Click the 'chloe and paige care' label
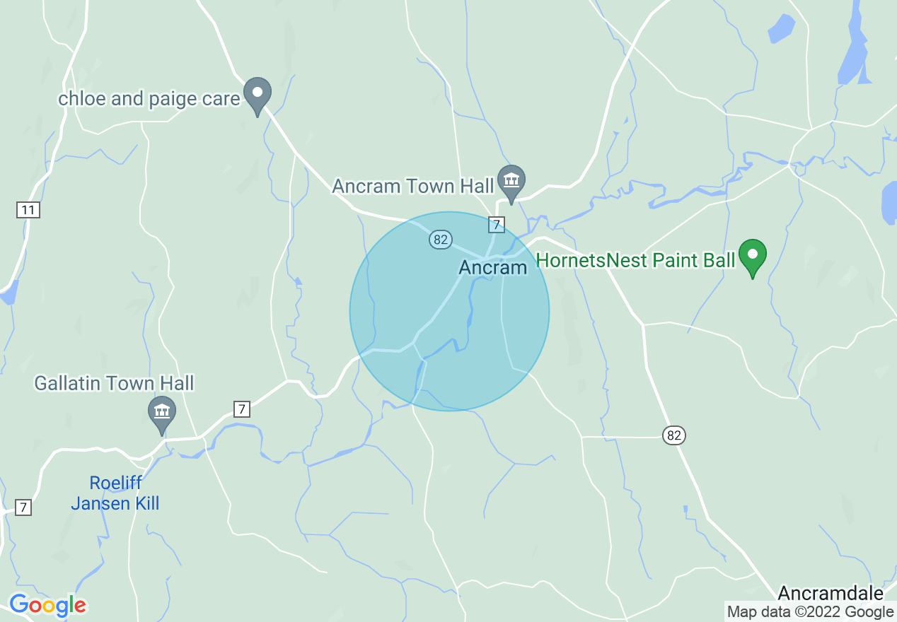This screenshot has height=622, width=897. (149, 99)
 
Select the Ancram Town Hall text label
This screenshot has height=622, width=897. (413, 187)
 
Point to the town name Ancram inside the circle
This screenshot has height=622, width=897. (493, 268)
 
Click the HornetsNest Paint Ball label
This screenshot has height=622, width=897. (636, 260)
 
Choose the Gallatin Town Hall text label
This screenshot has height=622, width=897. (114, 384)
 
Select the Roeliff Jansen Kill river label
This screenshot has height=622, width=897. (115, 493)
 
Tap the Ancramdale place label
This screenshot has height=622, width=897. (831, 593)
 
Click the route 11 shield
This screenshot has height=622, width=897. (28, 209)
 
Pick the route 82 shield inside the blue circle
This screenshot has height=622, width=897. (440, 240)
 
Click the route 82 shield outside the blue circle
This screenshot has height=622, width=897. (674, 435)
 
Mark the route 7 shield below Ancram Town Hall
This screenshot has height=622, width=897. (497, 225)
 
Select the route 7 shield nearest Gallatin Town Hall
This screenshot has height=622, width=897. (242, 409)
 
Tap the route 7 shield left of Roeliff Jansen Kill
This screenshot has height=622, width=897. (23, 507)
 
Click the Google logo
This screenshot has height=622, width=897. (47, 605)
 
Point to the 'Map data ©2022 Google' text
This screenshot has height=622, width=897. (810, 612)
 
